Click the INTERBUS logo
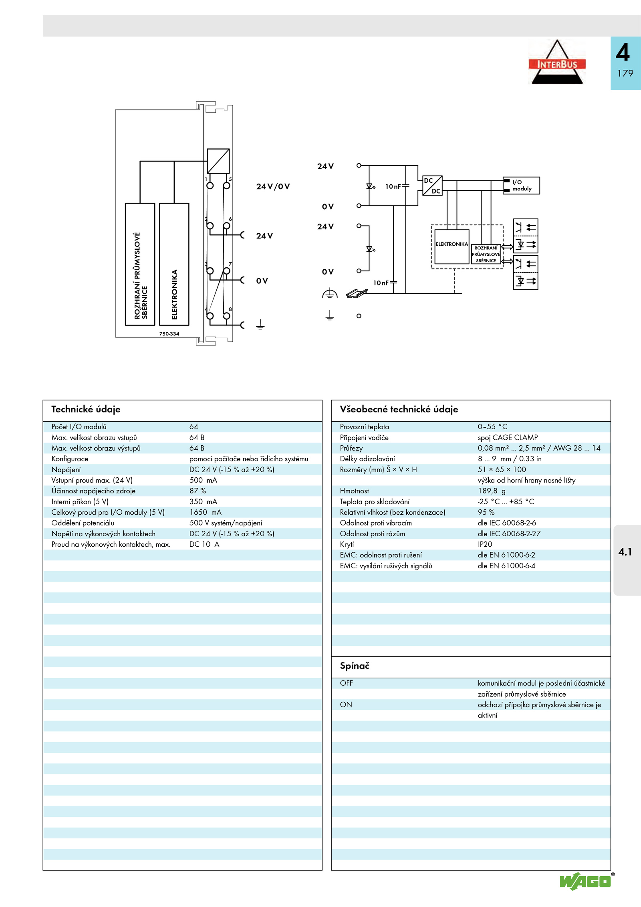[557, 62]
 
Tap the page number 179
[625, 73]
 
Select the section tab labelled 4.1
[625, 552]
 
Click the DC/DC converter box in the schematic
[432, 186]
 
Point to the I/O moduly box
[521, 186]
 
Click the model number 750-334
[169, 333]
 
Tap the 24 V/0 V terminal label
[273, 186]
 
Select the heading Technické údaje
[86, 409]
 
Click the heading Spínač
[355, 666]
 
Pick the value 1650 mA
[205, 512]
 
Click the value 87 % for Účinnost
[198, 491]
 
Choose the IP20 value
[485, 544]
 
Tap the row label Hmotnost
[354, 491]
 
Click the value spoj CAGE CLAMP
[508, 437]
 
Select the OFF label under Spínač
[346, 683]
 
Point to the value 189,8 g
[492, 491]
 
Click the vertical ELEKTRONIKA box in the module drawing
[174, 264]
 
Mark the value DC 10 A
[204, 544]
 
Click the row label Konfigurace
[70, 459]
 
